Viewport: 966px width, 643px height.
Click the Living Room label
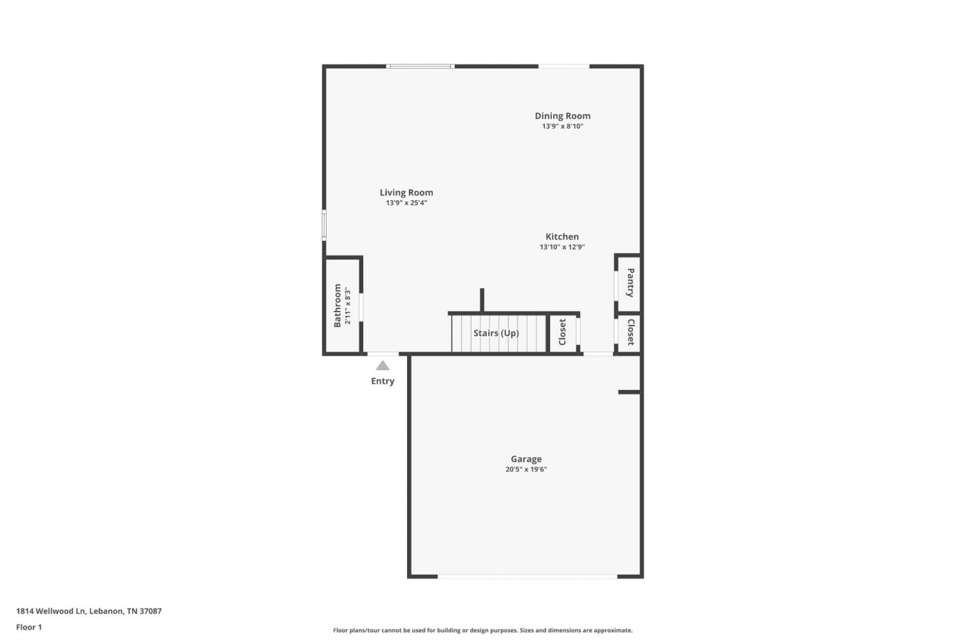coord(406,192)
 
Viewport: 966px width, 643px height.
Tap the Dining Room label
coord(562,116)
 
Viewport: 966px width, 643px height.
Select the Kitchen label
coord(562,237)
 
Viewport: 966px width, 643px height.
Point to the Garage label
coord(526,460)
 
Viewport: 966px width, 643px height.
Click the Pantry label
coord(630,283)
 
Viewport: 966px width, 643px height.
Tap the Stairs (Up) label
coord(496,333)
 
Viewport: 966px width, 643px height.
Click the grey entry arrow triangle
coord(383,366)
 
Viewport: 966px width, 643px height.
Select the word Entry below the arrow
coord(383,381)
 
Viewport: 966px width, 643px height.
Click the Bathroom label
coord(337,306)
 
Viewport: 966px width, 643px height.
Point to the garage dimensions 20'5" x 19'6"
coord(526,469)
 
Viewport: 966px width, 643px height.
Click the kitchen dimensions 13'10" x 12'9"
coord(562,247)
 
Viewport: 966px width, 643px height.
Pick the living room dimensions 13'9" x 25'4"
coord(406,203)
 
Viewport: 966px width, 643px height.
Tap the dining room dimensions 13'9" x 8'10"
coord(562,126)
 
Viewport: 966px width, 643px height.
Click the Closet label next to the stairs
coord(562,332)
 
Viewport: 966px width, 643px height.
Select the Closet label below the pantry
coord(630,332)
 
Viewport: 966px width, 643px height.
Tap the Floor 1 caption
coord(29,628)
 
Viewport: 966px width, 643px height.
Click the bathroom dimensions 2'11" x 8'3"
coord(348,307)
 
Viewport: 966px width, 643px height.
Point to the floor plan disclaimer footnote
coord(482,631)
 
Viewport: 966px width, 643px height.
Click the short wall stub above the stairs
coord(482,300)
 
